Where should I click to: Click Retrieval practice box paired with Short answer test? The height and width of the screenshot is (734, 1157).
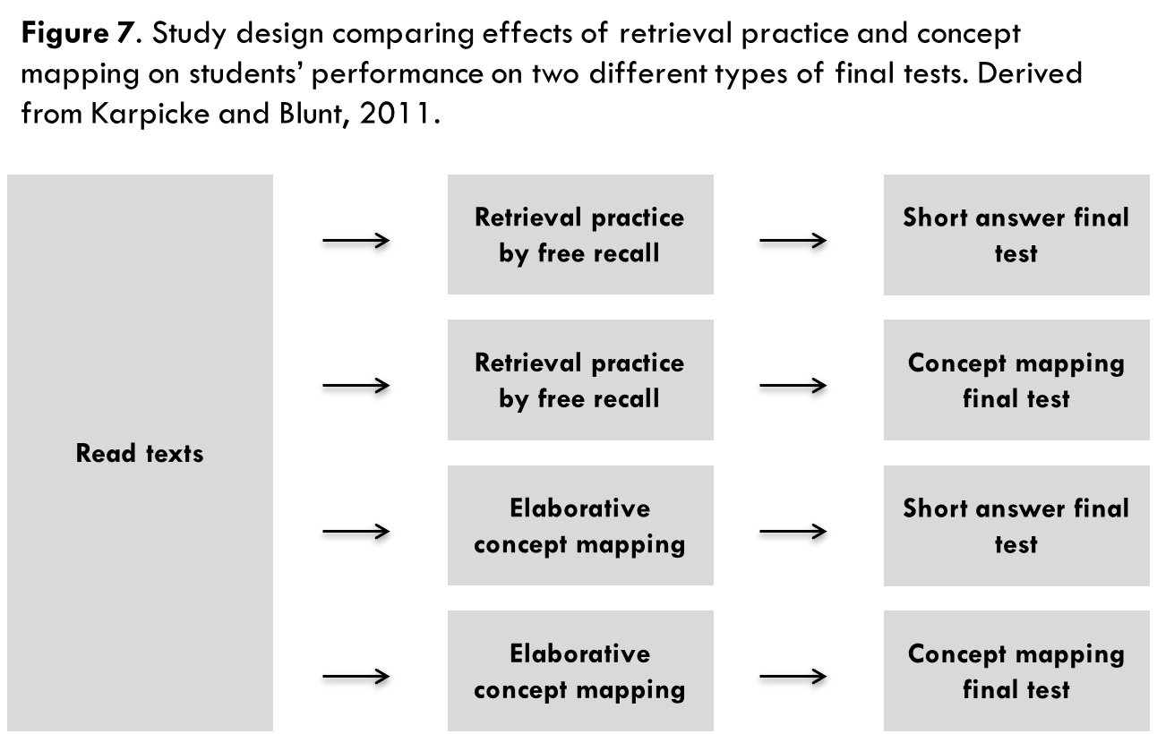click(580, 235)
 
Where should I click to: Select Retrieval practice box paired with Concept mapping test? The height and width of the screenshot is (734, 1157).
click(580, 380)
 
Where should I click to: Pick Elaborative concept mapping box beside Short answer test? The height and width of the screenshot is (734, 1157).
click(580, 525)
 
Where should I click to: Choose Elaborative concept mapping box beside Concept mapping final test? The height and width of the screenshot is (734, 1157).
click(580, 670)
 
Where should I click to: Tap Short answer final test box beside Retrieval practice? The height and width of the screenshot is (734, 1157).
click(1016, 235)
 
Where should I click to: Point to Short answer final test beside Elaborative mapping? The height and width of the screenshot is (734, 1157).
click(1016, 525)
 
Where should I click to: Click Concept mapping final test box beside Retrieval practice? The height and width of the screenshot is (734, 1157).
click(1016, 380)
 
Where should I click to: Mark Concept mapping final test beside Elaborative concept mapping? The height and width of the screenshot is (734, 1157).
click(1016, 670)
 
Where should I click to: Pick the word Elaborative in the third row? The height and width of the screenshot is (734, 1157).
click(579, 508)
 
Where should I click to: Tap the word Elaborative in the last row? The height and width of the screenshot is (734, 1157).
click(579, 653)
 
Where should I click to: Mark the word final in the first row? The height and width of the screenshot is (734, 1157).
click(1101, 218)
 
